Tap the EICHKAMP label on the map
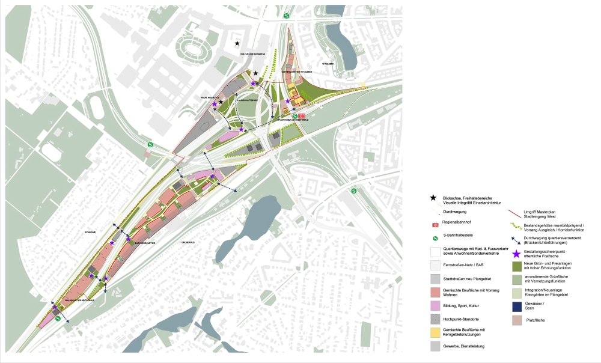tap(91, 231)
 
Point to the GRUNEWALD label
tap(188, 242)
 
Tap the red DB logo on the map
tap(302, 117)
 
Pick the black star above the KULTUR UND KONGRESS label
tap(237, 43)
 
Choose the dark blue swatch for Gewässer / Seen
tap(517, 307)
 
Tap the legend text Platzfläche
tap(535, 320)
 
